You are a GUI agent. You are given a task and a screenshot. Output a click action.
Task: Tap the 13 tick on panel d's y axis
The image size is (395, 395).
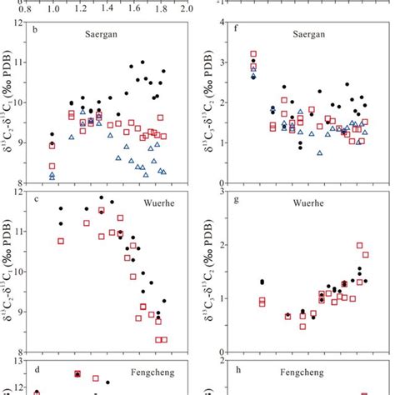pyautogui.click(x=17, y=362)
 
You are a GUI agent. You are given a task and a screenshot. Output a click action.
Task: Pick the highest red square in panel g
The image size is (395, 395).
pyautogui.click(x=360, y=246)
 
